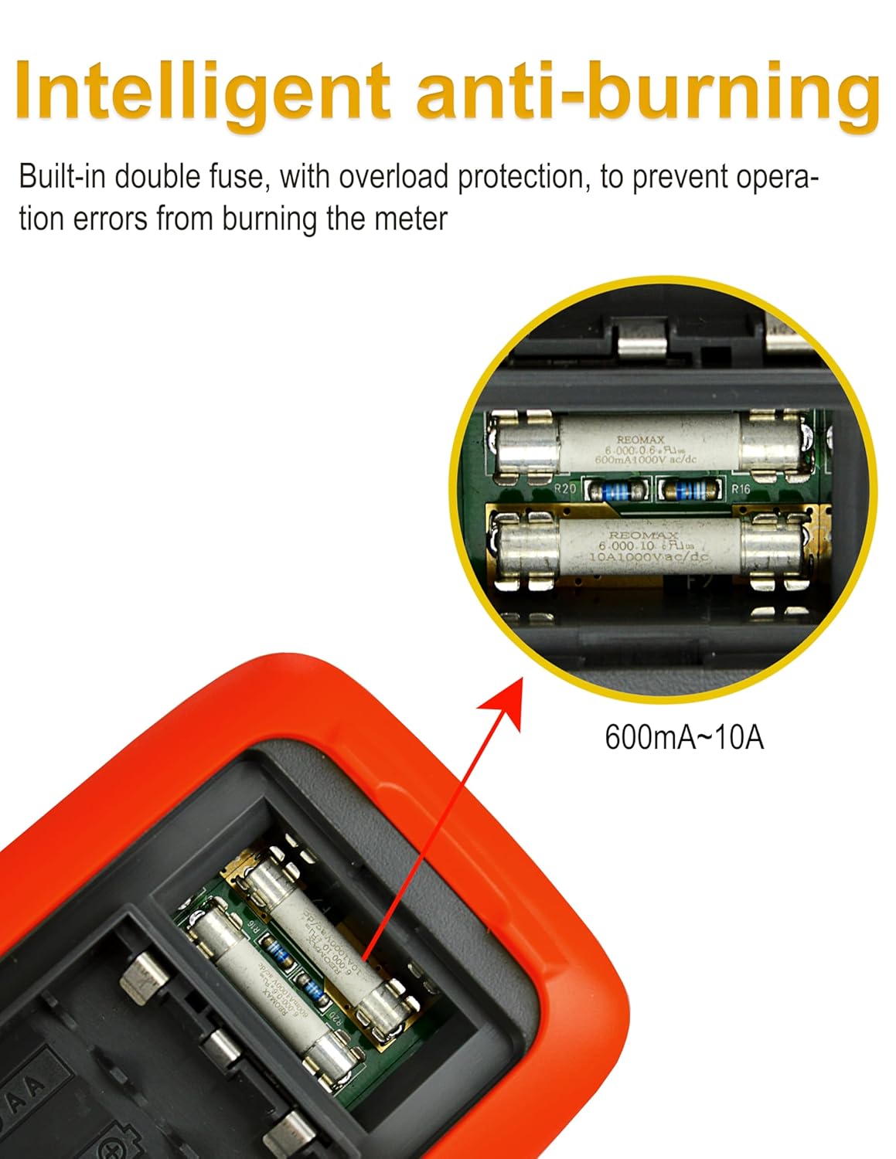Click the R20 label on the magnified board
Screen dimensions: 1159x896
pyautogui.click(x=566, y=489)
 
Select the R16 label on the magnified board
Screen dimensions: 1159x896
pyautogui.click(x=740, y=489)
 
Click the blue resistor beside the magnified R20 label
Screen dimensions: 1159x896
pyautogui.click(x=616, y=490)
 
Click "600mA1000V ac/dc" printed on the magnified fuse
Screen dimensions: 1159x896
pyautogui.click(x=646, y=460)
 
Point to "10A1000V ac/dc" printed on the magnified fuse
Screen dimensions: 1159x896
pyautogui.click(x=648, y=556)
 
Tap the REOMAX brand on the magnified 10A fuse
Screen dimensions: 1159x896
pyautogui.click(x=643, y=535)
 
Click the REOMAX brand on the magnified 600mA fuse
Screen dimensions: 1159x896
pyautogui.click(x=640, y=440)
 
